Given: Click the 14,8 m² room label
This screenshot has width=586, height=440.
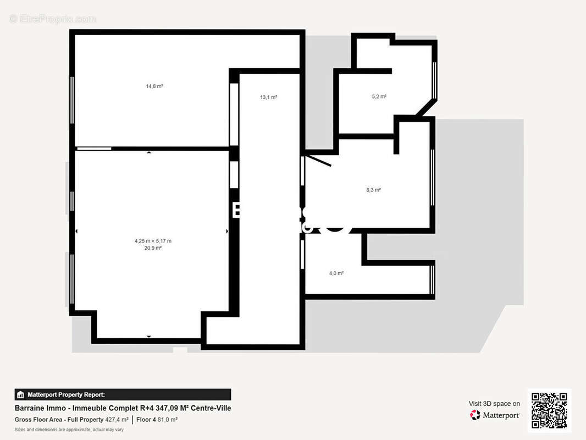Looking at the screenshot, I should (x=154, y=86).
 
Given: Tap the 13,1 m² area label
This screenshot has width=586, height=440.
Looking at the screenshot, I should (x=268, y=97).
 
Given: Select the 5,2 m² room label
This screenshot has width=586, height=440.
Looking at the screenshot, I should (x=379, y=97).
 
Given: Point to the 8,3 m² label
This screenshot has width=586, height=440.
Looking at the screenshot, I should (x=373, y=190).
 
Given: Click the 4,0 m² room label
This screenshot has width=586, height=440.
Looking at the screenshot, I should (x=336, y=273).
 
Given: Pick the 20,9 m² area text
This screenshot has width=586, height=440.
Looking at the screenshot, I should (x=153, y=248).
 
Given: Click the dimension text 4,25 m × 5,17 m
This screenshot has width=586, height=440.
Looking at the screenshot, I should (x=153, y=241).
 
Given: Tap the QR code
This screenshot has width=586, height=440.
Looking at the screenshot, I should (x=549, y=411).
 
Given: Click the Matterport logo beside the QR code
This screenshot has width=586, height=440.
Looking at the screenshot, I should (x=495, y=415).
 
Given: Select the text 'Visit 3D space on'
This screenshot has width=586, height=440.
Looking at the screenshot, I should (x=494, y=404).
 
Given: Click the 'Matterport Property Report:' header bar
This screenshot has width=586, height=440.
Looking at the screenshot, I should (x=123, y=394).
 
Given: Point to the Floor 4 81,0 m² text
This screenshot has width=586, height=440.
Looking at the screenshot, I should (x=157, y=420).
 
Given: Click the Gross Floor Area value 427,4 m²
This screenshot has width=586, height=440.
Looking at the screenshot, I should (x=117, y=420).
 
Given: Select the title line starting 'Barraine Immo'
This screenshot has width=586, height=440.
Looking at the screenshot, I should (x=123, y=408).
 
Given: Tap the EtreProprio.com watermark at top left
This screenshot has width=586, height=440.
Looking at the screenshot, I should (x=52, y=19).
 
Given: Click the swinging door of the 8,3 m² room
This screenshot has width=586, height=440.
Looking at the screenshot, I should (x=318, y=160).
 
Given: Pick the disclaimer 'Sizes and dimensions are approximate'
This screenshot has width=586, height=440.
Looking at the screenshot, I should (x=69, y=430).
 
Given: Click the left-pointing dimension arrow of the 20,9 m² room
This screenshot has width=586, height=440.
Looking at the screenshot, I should (x=76, y=232).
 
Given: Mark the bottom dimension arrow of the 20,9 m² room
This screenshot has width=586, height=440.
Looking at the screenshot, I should (x=148, y=336).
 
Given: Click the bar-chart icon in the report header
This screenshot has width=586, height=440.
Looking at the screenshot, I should (x=20, y=394).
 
